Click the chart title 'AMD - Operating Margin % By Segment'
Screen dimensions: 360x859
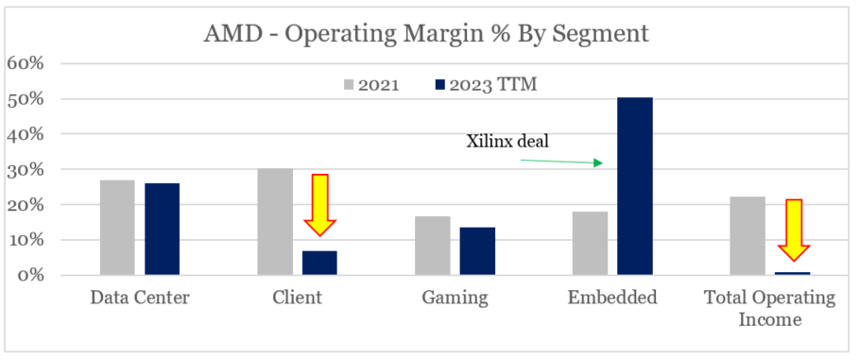pos(427,33)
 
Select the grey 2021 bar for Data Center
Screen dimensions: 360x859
pos(117,227)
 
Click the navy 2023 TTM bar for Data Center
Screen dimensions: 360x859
pos(162,229)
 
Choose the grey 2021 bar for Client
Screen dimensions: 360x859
pos(275,221)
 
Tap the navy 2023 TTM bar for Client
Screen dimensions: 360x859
pos(319,263)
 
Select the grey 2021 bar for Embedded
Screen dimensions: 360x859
pos(590,243)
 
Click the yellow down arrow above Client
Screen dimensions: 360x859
pos(319,204)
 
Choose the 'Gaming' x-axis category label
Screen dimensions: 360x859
pos(455,298)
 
